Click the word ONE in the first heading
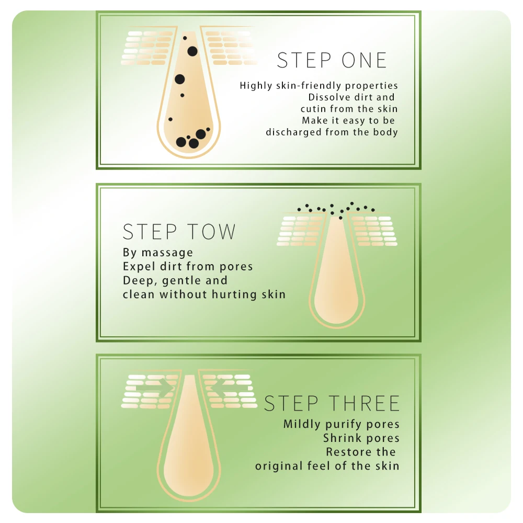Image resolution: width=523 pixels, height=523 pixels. pos(365,61)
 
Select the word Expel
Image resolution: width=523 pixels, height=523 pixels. pos(138,267)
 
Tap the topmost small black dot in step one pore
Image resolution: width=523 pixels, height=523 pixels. pos(184,38)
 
